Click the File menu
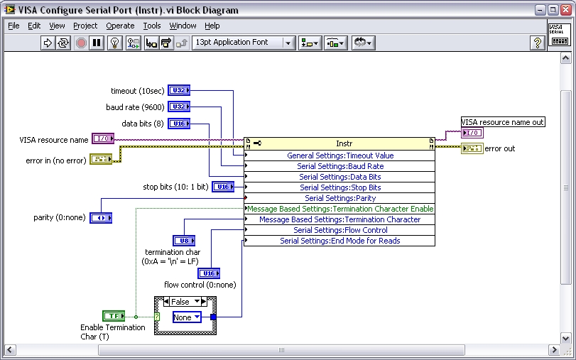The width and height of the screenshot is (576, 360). click(x=13, y=26)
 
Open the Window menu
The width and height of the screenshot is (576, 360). click(x=183, y=26)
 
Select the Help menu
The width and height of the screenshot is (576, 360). click(x=212, y=26)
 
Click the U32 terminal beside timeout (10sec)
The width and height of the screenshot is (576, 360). click(x=179, y=91)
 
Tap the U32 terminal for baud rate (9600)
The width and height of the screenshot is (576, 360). click(x=179, y=107)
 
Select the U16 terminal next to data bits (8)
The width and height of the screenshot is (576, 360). click(x=179, y=124)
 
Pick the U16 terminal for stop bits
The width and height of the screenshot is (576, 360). click(x=224, y=187)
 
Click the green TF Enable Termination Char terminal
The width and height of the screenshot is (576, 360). click(x=113, y=315)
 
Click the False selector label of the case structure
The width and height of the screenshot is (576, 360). click(x=181, y=302)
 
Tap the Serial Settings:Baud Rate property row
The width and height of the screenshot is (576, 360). click(x=339, y=166)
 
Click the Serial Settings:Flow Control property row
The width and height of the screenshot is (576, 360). click(x=339, y=230)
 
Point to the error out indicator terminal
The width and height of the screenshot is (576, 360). click(x=472, y=148)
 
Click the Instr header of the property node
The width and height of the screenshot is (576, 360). click(x=344, y=143)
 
